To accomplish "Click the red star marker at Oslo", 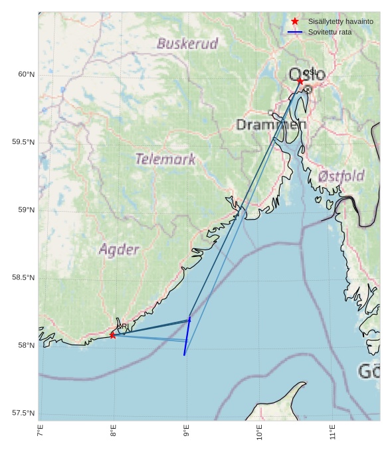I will point(300,81).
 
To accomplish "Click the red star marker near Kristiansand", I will point(113,335).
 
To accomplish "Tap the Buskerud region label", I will point(187,44).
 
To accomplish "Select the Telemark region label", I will point(165,159).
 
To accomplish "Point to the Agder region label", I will point(119,250).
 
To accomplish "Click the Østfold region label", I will point(341,176).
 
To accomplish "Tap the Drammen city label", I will point(271,125).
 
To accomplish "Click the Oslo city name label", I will point(307,74).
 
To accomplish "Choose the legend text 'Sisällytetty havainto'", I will point(340,21).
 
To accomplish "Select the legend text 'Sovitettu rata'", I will point(330,32).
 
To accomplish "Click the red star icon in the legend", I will point(295,21).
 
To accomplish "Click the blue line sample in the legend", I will point(295,32).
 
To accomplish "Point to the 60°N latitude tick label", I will point(26,74).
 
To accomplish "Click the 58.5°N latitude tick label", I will point(23,277).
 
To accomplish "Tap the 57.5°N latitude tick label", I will point(23,414).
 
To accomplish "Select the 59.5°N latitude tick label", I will point(23,142).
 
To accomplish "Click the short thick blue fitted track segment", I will point(187,337).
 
